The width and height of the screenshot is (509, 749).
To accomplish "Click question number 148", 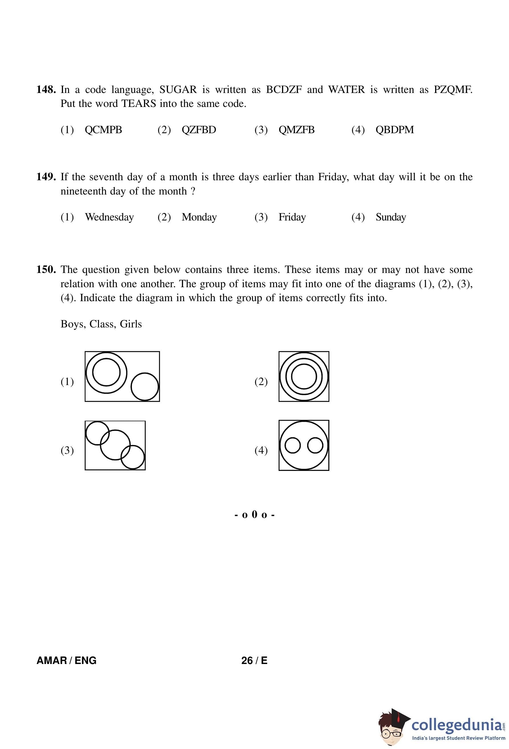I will coord(46,89).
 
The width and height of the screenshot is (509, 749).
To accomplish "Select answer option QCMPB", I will coord(103,129).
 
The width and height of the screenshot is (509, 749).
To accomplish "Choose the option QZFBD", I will coord(198,129).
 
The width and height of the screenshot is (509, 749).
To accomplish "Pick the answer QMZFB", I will coord(296,129).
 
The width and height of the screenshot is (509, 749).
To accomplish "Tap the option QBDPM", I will coord(394,129).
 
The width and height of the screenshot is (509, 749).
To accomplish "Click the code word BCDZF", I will coord(283,89).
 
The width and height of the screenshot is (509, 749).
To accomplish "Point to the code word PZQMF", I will coord(452,89).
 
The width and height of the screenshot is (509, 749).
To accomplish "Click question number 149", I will coord(46,177).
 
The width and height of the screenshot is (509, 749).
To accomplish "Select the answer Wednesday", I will coord(109,217).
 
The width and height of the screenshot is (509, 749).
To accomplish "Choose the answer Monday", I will coord(199,217).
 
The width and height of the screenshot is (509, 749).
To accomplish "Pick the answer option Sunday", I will coord(390,217).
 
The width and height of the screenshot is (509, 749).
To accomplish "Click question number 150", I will coord(46,269).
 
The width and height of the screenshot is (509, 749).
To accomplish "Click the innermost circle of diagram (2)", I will coord(304,376).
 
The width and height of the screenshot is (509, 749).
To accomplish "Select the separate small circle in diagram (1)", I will coord(145,386).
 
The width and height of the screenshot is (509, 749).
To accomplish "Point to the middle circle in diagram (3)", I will coord(115,445).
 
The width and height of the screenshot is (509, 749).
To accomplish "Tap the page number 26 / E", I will coord(254,660).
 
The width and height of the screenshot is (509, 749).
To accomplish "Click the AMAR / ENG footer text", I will coord(66,660).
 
